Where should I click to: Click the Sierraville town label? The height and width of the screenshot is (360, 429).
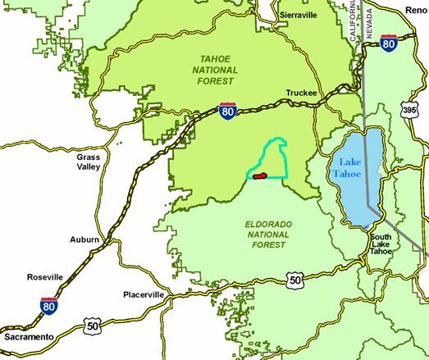(298, 16)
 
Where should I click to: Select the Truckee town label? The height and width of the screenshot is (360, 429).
(301, 93)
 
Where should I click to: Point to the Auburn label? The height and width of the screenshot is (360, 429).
(84, 240)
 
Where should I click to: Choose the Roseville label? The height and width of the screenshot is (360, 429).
(44, 276)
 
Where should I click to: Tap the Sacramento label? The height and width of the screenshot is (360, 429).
(27, 337)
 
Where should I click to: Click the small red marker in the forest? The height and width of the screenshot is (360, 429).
(260, 175)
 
